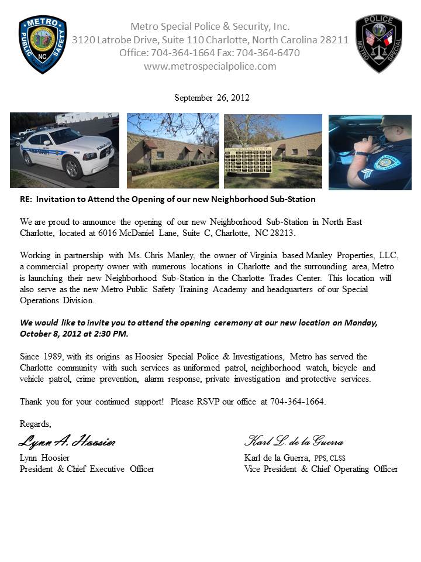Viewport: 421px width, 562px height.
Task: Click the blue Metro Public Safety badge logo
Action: point(43,44)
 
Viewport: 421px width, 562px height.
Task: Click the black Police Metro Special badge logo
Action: point(378,43)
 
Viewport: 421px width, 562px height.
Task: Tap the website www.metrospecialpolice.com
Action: point(210,66)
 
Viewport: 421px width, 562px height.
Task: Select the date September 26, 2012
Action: point(212,98)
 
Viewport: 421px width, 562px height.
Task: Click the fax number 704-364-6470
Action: point(277,53)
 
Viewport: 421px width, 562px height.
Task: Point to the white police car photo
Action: point(64,150)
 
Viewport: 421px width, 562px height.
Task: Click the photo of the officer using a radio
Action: point(370,152)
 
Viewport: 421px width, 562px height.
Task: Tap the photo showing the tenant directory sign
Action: point(273,151)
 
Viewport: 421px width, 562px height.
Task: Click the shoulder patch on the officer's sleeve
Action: point(387,162)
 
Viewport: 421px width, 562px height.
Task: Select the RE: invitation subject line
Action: point(167,199)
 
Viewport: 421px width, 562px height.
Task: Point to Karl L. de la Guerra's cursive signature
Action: point(294,441)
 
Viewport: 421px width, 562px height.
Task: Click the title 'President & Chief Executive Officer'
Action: point(87,469)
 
